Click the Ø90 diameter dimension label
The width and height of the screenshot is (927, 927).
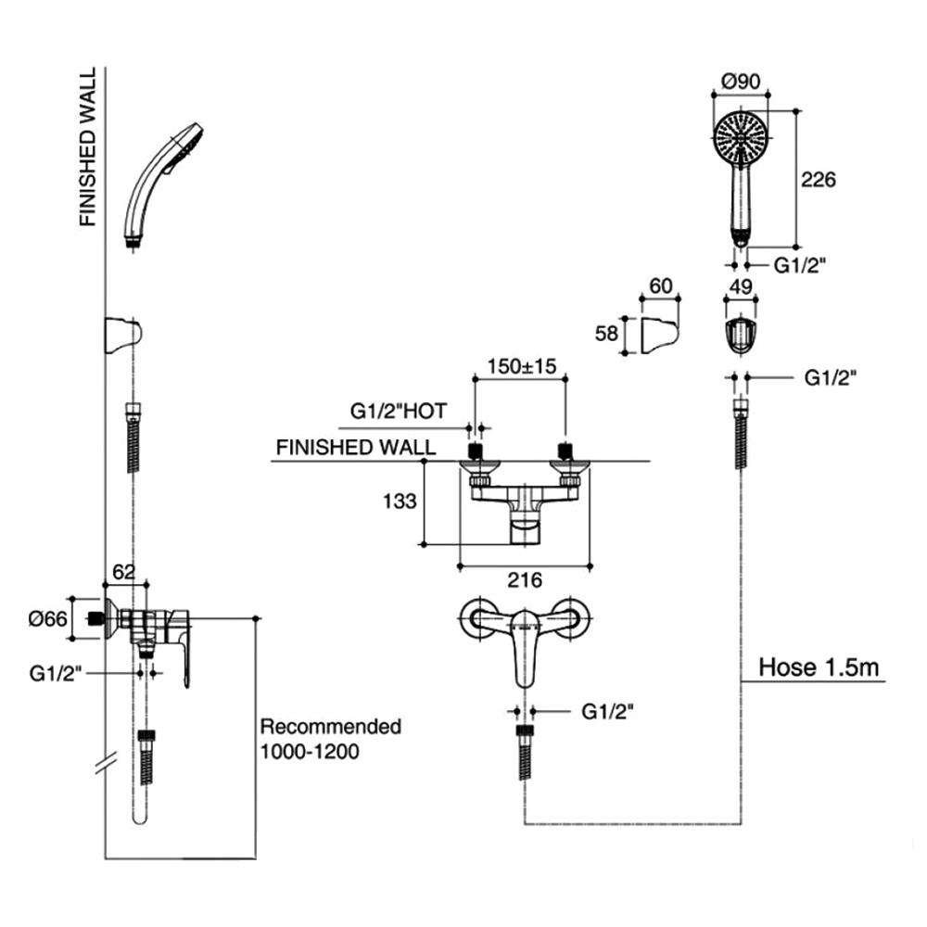pyautogui.click(x=741, y=81)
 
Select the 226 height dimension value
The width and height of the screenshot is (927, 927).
pyautogui.click(x=819, y=179)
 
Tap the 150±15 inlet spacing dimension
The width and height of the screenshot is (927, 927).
pyautogui.click(x=521, y=366)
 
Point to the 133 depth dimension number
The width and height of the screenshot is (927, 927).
pyautogui.click(x=400, y=502)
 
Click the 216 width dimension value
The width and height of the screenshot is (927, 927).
pyautogui.click(x=525, y=580)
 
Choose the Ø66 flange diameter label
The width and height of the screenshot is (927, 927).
pyautogui.click(x=48, y=619)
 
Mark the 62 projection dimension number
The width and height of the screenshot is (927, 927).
pyautogui.click(x=123, y=572)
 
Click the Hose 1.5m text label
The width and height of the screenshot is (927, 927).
pyautogui.click(x=819, y=667)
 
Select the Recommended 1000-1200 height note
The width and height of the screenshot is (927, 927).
pyautogui.click(x=331, y=739)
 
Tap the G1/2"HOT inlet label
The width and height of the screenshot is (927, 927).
pyautogui.click(x=399, y=411)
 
